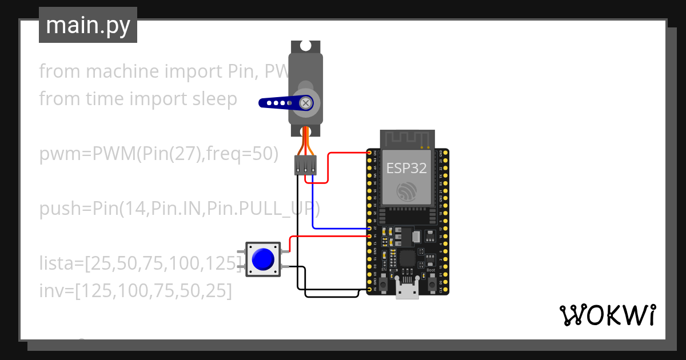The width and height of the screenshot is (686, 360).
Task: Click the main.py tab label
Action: (x=87, y=25)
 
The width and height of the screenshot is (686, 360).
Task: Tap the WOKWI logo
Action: (x=607, y=315)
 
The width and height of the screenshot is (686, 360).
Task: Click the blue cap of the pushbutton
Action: (x=262, y=259)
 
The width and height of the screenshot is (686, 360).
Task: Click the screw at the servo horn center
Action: (x=306, y=103)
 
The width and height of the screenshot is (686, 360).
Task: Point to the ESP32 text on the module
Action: (x=406, y=168)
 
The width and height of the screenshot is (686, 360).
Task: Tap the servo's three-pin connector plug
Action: (x=305, y=165)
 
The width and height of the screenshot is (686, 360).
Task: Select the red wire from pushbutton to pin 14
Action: (x=326, y=235)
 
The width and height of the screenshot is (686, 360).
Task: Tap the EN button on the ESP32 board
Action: (x=382, y=281)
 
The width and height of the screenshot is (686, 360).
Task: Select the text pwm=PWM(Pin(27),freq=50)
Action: (x=159, y=154)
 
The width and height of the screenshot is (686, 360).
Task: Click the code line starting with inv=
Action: (x=135, y=290)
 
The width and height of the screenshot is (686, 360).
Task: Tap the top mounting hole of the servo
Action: (x=306, y=45)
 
